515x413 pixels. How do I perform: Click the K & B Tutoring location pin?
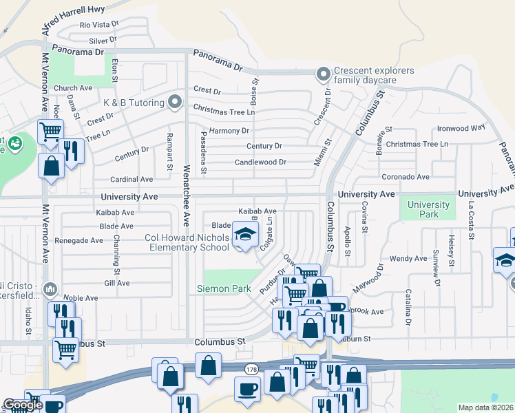click(175, 103)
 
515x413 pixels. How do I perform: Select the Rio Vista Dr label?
click(98, 25)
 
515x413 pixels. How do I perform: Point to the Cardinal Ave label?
click(132, 179)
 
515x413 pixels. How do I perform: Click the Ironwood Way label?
click(461, 128)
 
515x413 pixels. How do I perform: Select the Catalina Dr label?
click(408, 308)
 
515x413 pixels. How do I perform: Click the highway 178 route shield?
click(249, 370)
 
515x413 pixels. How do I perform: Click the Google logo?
click(23, 405)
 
